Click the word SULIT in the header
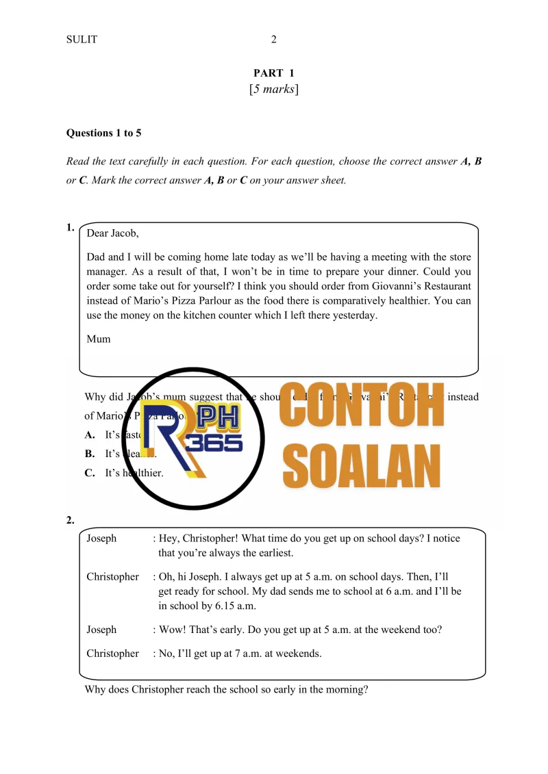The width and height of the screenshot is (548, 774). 82,40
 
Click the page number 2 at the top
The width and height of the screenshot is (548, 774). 274,40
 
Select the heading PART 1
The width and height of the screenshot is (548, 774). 274,73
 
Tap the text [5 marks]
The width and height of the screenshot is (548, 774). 274,90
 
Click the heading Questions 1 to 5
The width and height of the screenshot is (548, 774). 103,133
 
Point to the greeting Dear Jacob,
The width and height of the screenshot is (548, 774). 112,233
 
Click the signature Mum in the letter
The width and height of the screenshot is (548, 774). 99,339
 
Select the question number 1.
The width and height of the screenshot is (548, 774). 70,228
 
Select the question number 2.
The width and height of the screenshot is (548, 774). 70,520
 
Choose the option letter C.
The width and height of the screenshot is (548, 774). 90,473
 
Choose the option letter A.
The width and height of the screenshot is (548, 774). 90,435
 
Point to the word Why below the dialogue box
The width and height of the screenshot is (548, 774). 95,690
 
